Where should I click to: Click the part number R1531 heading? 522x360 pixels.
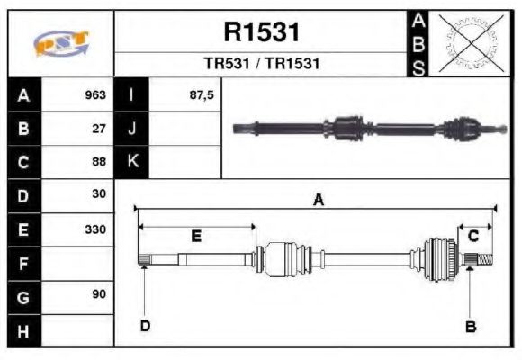[261, 32]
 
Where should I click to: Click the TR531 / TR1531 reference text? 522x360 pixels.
[261, 65]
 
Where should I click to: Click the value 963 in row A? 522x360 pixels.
[95, 95]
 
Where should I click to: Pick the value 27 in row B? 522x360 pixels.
[99, 129]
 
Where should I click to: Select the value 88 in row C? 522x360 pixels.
[99, 162]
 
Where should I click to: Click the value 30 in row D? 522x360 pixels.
[99, 194]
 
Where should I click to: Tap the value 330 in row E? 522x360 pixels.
[95, 229]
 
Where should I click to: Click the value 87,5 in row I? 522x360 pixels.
[202, 95]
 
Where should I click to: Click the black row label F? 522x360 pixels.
[22, 264]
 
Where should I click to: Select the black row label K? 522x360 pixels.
[132, 162]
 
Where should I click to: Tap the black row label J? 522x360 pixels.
[132, 129]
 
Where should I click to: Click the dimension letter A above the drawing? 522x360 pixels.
[318, 201]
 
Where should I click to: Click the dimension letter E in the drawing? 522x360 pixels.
[196, 237]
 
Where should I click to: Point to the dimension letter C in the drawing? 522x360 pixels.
[472, 236]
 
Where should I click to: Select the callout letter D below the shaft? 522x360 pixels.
[145, 326]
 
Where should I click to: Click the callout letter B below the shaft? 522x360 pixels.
[470, 327]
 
